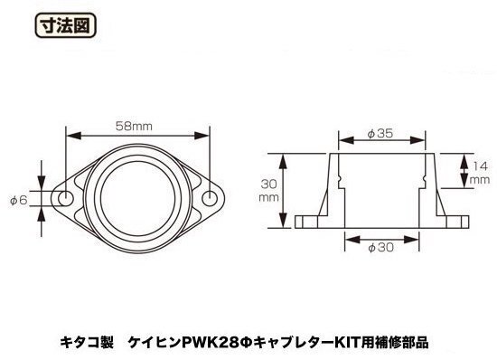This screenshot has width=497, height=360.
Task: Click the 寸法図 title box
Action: pyautogui.click(x=65, y=25)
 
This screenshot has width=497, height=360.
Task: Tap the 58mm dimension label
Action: pyautogui.click(x=134, y=127)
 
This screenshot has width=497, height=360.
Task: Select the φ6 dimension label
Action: pyautogui.click(x=18, y=201)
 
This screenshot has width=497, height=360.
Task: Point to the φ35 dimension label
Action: pyautogui.click(x=380, y=134)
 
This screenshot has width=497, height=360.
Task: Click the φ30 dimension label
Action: pyautogui.click(x=380, y=247)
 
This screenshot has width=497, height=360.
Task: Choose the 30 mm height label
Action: pyautogui.click(x=268, y=190)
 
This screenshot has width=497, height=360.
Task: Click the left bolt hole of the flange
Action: pyautogui.click(x=66, y=199)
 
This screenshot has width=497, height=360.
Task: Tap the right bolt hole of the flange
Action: pyautogui.click(x=210, y=199)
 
